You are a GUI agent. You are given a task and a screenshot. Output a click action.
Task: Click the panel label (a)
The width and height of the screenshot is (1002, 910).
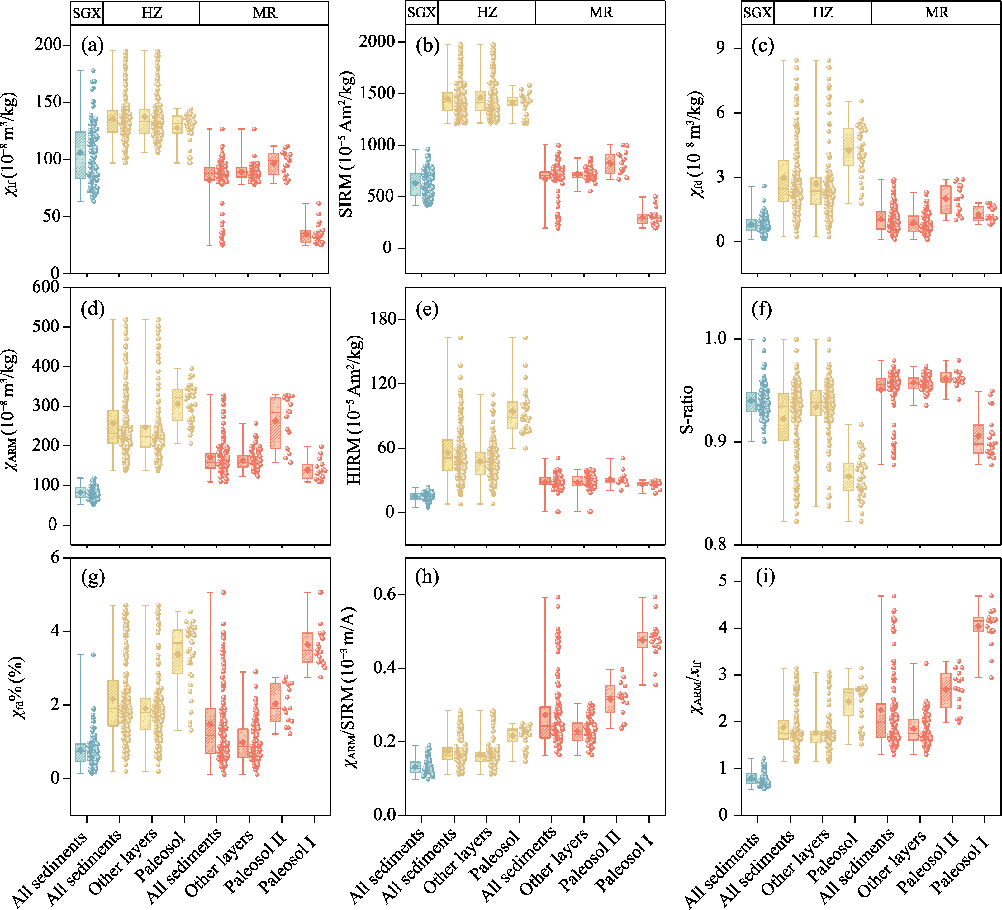(93, 46)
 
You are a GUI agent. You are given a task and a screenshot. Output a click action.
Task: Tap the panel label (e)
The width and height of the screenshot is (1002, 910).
(427, 310)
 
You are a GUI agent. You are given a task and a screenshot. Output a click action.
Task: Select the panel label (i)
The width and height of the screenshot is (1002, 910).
(765, 578)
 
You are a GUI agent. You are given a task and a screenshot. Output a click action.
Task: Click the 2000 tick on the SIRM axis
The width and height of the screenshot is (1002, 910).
(377, 41)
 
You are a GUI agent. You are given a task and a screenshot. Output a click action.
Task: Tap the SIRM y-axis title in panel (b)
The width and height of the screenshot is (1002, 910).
(346, 144)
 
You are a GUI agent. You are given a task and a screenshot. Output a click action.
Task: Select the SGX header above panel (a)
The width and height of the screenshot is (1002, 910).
(87, 13)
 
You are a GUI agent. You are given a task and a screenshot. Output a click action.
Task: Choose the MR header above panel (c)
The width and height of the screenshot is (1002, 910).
(936, 12)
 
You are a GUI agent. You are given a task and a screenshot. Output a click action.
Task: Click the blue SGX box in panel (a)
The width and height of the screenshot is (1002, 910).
(80, 155)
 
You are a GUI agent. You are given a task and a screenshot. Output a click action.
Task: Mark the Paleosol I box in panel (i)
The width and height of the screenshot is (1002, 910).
(978, 624)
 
